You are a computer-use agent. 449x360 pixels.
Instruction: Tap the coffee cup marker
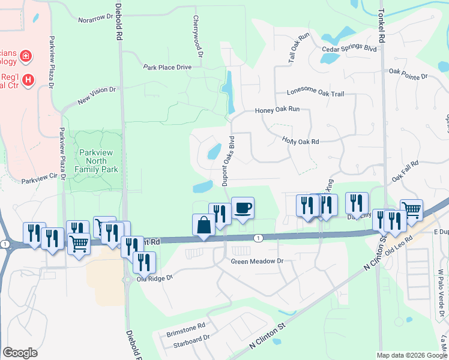click(x=243, y=209)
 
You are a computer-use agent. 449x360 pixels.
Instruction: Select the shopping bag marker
click(x=203, y=226)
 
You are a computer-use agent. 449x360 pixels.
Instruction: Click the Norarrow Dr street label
click(x=95, y=19)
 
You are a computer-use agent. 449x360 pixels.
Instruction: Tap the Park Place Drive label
click(x=167, y=67)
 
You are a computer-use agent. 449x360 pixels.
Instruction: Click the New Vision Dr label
click(x=96, y=94)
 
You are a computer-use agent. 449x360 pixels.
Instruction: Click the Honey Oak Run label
click(x=277, y=110)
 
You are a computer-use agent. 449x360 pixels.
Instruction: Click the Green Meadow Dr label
click(x=257, y=262)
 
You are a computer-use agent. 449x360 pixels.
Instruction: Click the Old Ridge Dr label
click(x=155, y=278)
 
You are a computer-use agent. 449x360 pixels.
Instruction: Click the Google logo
click(x=20, y=353)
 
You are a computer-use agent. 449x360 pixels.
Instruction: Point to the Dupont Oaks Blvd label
click(x=228, y=160)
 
